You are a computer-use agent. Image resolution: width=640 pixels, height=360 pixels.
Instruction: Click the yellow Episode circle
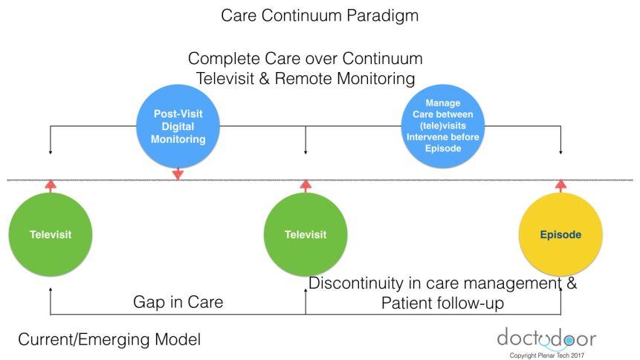560,235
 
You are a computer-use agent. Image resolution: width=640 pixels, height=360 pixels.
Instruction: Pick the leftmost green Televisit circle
50,235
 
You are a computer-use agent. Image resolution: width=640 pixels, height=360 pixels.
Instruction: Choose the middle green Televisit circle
306,235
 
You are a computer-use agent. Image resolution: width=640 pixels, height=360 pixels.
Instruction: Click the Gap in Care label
178,302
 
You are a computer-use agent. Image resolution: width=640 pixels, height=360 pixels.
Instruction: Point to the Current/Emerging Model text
109,340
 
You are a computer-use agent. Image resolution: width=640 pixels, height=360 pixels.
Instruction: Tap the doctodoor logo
546,338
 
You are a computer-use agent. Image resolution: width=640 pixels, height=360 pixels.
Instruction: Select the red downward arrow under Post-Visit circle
177,174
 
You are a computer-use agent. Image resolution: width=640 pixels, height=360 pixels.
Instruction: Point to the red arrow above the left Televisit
50,185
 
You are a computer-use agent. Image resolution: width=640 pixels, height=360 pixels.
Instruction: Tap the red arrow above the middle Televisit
306,185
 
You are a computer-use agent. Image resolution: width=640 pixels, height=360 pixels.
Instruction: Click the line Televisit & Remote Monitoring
305,77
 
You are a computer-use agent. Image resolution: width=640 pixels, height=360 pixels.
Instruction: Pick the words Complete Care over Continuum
305,58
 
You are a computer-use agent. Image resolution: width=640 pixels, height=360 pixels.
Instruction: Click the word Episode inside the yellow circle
560,235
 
